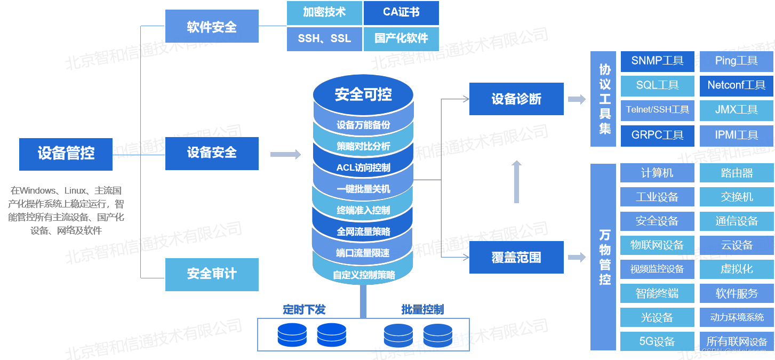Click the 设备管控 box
66,154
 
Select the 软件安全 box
212,27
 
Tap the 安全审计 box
212,274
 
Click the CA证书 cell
401,13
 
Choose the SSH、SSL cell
324,39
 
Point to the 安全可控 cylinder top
363,94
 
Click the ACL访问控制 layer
363,167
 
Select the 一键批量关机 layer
363,189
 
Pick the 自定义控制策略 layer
363,275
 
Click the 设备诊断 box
516,99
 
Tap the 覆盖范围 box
516,257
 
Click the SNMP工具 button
657,61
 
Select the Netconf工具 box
736,85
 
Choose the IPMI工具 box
736,135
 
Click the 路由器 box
736,173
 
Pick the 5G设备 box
657,341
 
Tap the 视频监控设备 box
657,269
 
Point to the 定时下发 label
304,309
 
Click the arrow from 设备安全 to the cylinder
285,154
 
